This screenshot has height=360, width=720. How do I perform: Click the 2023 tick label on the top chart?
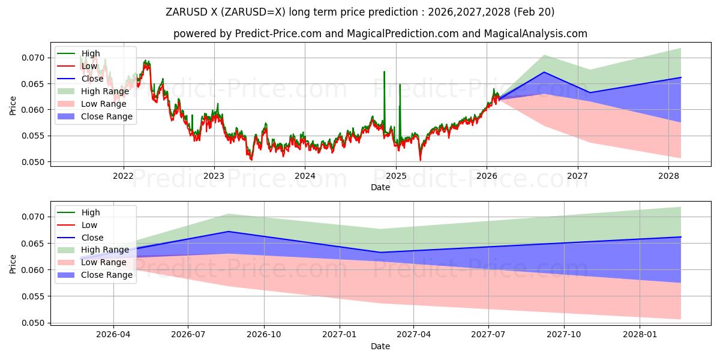click(x=214, y=176)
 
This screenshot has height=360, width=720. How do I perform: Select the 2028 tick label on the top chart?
click(x=668, y=176)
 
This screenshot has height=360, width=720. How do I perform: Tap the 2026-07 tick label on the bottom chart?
click(x=188, y=335)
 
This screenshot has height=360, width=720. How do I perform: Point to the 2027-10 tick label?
click(x=564, y=335)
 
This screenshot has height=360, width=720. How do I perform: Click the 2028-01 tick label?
click(x=640, y=335)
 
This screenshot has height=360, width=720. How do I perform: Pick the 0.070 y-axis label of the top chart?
click(x=33, y=58)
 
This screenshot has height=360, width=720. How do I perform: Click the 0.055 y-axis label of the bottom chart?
click(x=33, y=296)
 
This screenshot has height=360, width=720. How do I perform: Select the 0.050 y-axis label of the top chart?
click(x=33, y=162)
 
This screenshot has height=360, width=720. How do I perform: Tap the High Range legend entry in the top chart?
click(x=93, y=91)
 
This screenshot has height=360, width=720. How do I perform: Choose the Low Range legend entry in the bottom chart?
click(x=92, y=262)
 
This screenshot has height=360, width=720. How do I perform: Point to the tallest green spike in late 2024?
click(x=384, y=71)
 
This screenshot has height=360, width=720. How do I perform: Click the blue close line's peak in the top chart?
click(x=544, y=72)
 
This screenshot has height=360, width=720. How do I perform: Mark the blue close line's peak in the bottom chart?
click(x=228, y=232)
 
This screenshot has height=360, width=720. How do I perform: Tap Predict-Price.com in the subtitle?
click(x=278, y=34)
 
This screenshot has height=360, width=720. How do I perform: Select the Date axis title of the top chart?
click(x=380, y=187)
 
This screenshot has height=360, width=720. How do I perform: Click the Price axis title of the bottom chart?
click(x=13, y=264)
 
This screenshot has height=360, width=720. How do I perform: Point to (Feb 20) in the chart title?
click(x=534, y=12)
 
